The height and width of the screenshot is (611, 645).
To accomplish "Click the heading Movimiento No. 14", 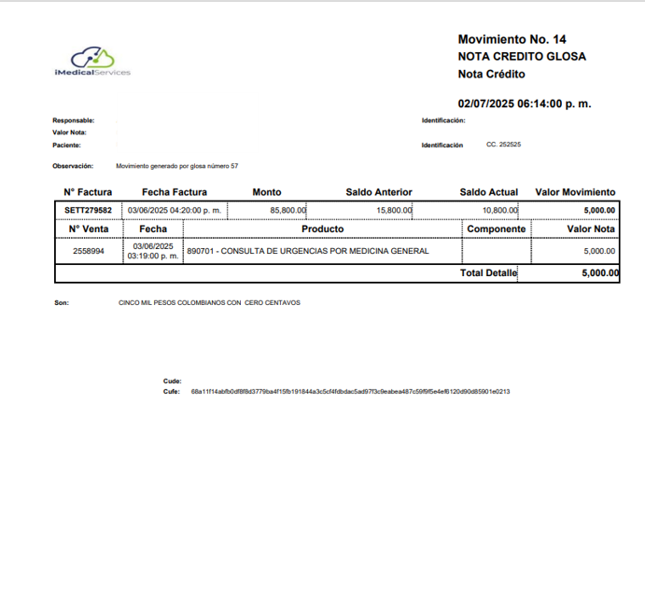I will click(512, 39).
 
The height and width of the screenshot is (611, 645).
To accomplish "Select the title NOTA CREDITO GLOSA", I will click(522, 56).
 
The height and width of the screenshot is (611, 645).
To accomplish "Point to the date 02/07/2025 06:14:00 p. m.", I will click(524, 104).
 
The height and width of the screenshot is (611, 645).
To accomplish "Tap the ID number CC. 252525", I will click(503, 145).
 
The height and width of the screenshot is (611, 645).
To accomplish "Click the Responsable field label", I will click(74, 120).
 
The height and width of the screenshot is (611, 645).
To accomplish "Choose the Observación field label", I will click(74, 166).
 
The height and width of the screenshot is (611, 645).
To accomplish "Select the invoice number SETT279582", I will click(88, 210).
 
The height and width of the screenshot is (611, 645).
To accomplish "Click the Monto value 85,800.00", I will click(287, 210).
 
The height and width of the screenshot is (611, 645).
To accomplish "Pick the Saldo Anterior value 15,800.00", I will click(394, 210).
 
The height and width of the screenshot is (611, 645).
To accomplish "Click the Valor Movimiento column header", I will click(575, 192).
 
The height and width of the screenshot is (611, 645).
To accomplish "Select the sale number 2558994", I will click(88, 251).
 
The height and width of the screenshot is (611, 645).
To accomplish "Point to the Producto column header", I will click(322, 229).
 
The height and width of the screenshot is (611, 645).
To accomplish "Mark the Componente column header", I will click(496, 229).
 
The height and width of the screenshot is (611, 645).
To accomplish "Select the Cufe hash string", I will click(350, 392).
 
